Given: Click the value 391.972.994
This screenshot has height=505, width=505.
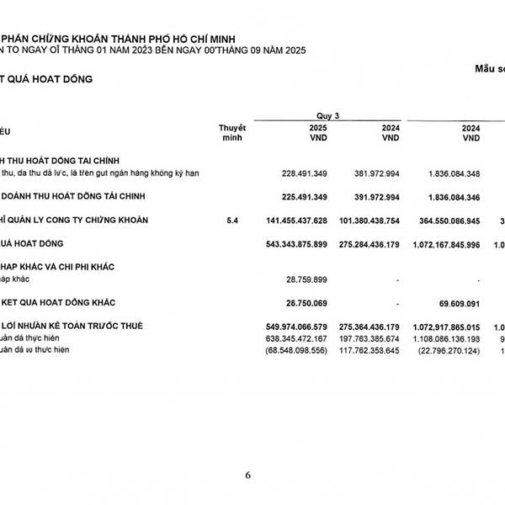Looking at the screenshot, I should [x=376, y=197].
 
